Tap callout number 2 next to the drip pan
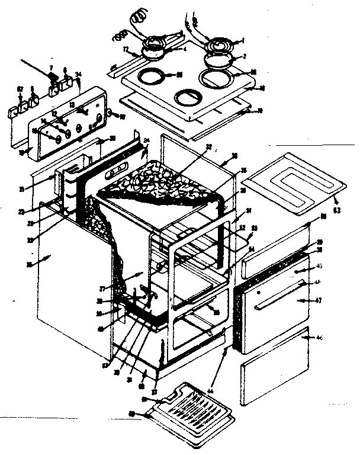pyautogui.click(x=241, y=57)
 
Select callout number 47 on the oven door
pyautogui.click(x=317, y=301)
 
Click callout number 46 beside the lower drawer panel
pyautogui.click(x=320, y=337)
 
